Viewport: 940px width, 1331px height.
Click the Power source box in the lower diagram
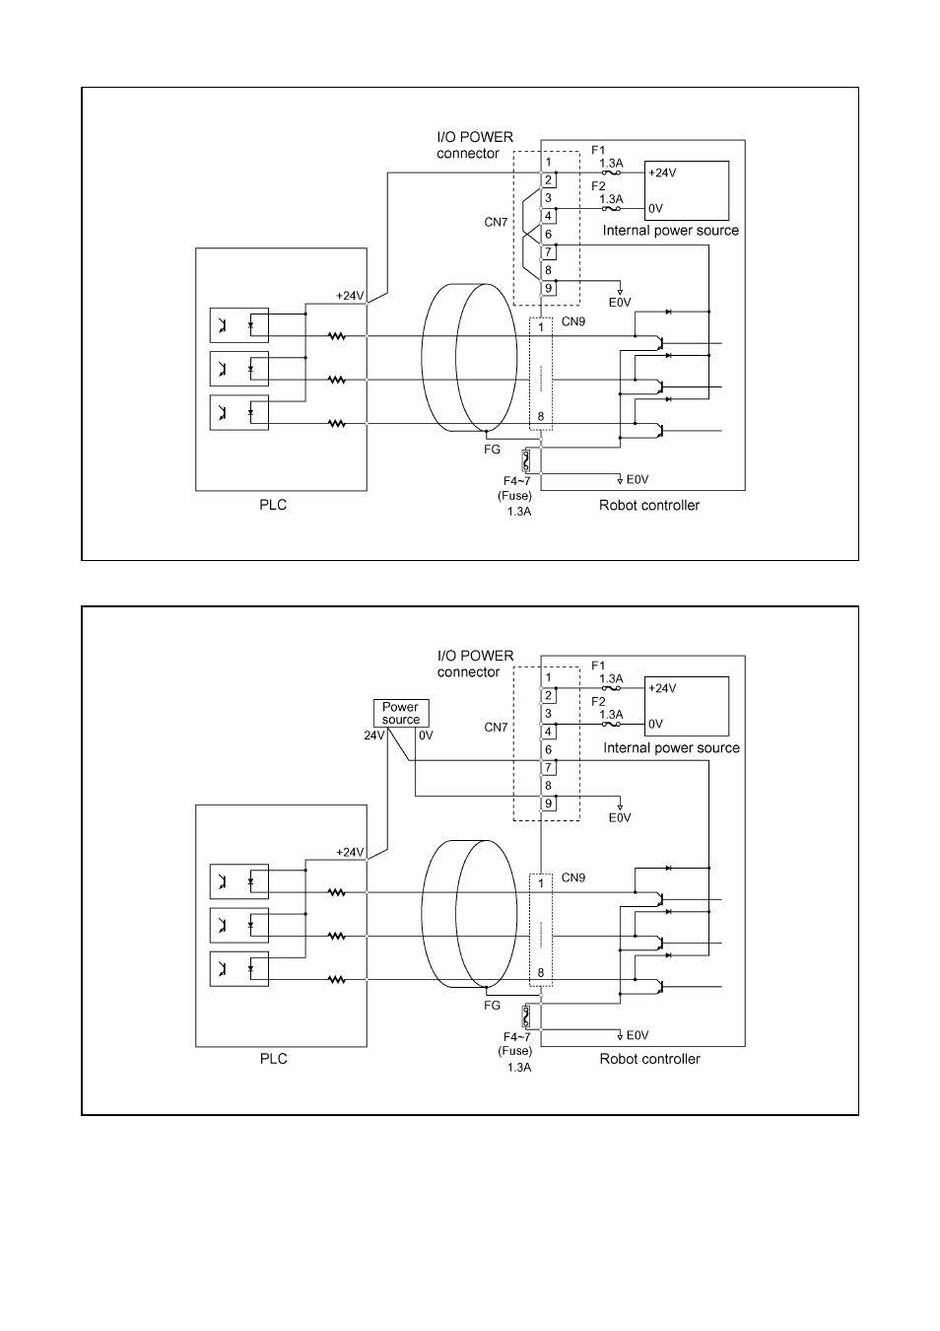(x=401, y=713)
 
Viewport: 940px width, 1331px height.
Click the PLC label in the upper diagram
(x=273, y=505)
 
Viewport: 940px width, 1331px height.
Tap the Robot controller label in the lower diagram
(x=649, y=1059)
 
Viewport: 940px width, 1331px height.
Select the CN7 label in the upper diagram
(x=496, y=223)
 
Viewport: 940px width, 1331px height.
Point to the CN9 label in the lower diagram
(x=573, y=876)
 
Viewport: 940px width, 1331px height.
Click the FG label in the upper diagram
(x=492, y=450)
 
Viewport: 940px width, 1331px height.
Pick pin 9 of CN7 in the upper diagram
(x=548, y=288)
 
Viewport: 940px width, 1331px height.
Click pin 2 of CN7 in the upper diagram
(x=548, y=180)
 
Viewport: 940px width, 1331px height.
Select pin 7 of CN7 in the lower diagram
(x=548, y=768)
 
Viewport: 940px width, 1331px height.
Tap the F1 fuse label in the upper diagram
(x=598, y=150)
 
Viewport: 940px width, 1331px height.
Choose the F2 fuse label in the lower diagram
(x=598, y=701)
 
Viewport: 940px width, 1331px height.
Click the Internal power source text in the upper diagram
(x=670, y=231)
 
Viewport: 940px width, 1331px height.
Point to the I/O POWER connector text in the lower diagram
(x=475, y=664)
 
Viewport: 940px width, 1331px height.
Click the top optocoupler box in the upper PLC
(x=238, y=325)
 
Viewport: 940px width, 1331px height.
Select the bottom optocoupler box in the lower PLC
(x=238, y=968)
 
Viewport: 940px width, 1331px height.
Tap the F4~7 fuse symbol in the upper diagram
(x=527, y=460)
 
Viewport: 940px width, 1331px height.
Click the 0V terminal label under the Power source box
(x=425, y=736)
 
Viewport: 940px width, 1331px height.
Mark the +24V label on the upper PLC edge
(x=350, y=295)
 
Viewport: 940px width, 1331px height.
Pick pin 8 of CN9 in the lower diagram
(x=540, y=972)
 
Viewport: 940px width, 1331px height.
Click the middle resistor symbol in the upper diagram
(x=337, y=380)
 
